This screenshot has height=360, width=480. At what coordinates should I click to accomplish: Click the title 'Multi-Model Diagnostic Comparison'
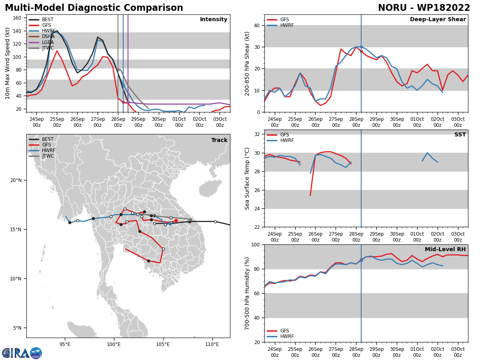coord(94,8)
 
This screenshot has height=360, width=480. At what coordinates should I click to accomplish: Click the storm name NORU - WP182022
coord(424,8)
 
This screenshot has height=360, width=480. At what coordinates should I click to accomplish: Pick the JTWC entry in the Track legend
coord(41,156)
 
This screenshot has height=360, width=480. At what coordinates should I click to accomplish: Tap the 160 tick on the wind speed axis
coord(17,18)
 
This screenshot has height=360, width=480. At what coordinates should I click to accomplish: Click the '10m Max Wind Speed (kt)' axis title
coord(7,63)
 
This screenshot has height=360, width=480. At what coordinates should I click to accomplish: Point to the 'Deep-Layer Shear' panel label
coord(438,19)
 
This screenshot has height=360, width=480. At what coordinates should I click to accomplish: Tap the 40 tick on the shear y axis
coord(257,25)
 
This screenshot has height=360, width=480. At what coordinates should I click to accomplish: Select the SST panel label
coord(460,134)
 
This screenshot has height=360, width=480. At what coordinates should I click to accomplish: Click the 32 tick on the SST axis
coord(257,134)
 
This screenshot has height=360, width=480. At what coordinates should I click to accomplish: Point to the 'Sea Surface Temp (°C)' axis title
coord(247,178)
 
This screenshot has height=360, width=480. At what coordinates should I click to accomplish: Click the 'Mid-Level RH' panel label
coord(445,249)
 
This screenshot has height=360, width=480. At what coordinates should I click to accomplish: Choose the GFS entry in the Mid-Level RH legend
coord(278,331)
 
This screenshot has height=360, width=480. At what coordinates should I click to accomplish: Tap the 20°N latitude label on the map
coord(16,180)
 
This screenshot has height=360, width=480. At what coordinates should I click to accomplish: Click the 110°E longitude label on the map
coord(212,344)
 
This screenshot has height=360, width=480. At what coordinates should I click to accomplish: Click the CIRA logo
coord(22,353)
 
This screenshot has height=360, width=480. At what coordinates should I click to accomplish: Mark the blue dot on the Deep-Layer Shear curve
coord(361,47)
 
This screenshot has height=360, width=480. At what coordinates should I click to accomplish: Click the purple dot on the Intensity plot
coord(128,102)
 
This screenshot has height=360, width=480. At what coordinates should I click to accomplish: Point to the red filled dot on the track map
coord(176,220)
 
